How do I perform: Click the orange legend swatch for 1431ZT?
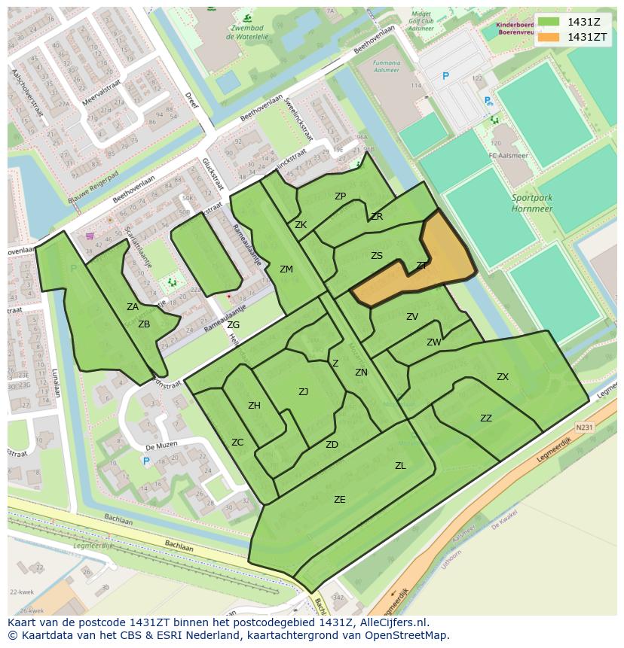click(549, 37)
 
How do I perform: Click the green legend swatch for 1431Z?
click(549, 22)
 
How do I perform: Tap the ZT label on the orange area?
click(421, 266)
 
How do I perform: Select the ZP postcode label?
click(340, 196)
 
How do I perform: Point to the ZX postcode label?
click(502, 377)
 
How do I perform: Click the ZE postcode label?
click(340, 499)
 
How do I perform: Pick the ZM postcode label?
click(286, 269)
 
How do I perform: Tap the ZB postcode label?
click(144, 324)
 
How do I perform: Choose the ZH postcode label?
click(254, 406)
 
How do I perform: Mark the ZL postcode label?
click(400, 466)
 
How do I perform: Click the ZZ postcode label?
click(486, 418)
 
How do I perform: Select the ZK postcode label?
click(301, 225)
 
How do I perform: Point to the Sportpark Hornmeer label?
click(532, 203)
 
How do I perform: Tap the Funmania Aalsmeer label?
click(387, 67)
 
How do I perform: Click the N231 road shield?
click(584, 427)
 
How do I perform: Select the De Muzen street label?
click(161, 446)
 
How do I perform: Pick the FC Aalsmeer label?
click(505, 156)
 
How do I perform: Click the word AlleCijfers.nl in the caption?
click(392, 623)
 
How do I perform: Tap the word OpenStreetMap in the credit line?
click(407, 635)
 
